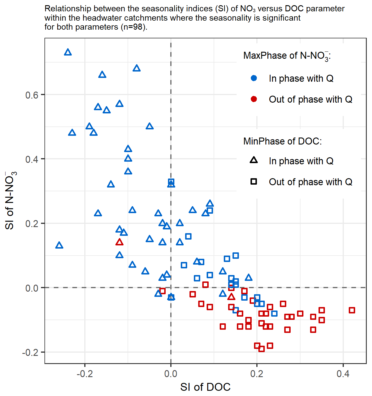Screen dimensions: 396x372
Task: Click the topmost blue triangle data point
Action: click(x=68, y=52)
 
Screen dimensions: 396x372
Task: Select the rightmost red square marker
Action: click(x=352, y=310)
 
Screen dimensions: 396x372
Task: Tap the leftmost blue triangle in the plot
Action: click(x=59, y=245)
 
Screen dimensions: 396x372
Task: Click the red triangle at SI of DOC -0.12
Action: click(x=119, y=242)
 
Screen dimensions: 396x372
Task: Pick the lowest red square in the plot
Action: click(x=262, y=349)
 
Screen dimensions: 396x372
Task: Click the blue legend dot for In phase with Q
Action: click(x=254, y=78)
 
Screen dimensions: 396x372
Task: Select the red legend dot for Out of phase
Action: click(x=254, y=99)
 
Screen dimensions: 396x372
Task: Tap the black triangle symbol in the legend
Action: click(x=254, y=160)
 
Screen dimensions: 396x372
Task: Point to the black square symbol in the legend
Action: click(x=254, y=182)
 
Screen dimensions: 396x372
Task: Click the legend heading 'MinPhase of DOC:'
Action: click(x=282, y=141)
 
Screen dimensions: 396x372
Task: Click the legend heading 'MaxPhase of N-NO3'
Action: click(x=287, y=56)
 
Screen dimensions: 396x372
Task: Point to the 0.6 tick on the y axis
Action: click(x=32, y=95)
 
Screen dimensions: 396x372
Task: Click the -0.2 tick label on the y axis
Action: click(x=30, y=352)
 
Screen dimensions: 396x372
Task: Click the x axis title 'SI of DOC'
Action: click(x=205, y=387)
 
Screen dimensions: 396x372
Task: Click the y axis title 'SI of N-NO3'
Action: click(x=10, y=201)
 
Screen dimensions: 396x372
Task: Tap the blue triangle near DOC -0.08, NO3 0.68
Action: click(x=137, y=68)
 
